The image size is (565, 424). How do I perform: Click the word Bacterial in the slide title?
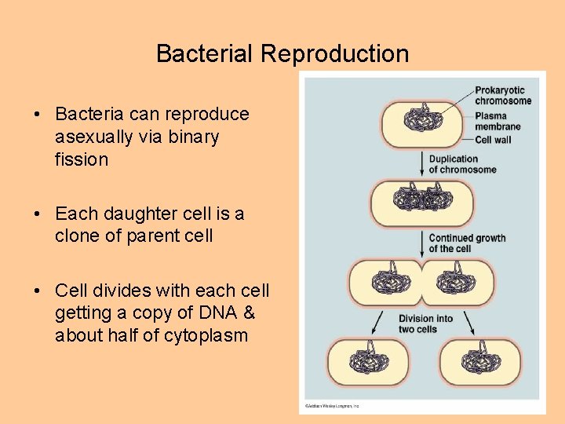206,54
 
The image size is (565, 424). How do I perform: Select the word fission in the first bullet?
82,159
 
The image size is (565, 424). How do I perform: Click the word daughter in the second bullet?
137,213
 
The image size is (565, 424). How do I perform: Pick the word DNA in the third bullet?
213,313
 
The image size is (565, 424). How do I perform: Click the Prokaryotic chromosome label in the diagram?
503,95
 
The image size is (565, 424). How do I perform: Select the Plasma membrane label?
498,121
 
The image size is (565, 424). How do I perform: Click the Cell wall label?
494,140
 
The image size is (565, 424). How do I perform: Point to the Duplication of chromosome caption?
462,164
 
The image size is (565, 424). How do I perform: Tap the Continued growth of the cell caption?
467,243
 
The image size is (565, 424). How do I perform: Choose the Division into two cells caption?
425,323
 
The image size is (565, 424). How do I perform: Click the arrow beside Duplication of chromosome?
421,164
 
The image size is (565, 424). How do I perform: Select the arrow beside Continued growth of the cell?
421,243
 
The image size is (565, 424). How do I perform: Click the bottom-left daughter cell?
367,362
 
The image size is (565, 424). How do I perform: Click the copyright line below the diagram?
331,406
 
